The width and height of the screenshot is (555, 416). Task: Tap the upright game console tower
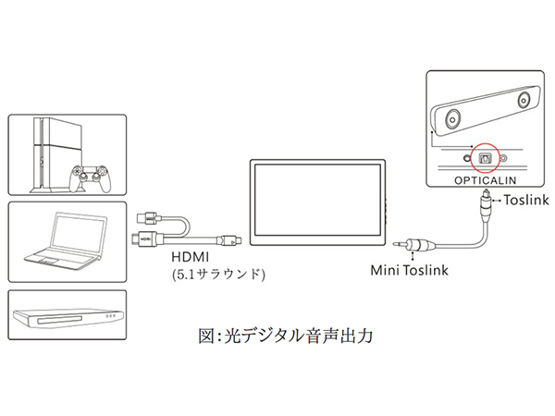41,153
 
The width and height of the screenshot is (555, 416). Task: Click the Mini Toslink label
410,271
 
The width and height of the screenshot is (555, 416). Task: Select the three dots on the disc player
112,315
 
